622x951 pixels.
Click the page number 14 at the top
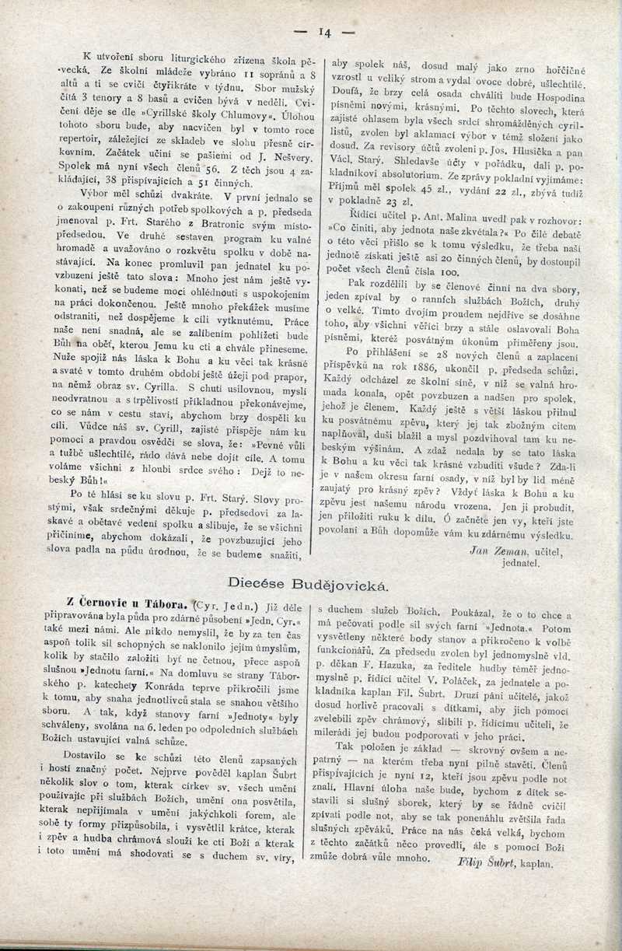tap(324, 33)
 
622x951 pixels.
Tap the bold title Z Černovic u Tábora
tap(119, 602)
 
